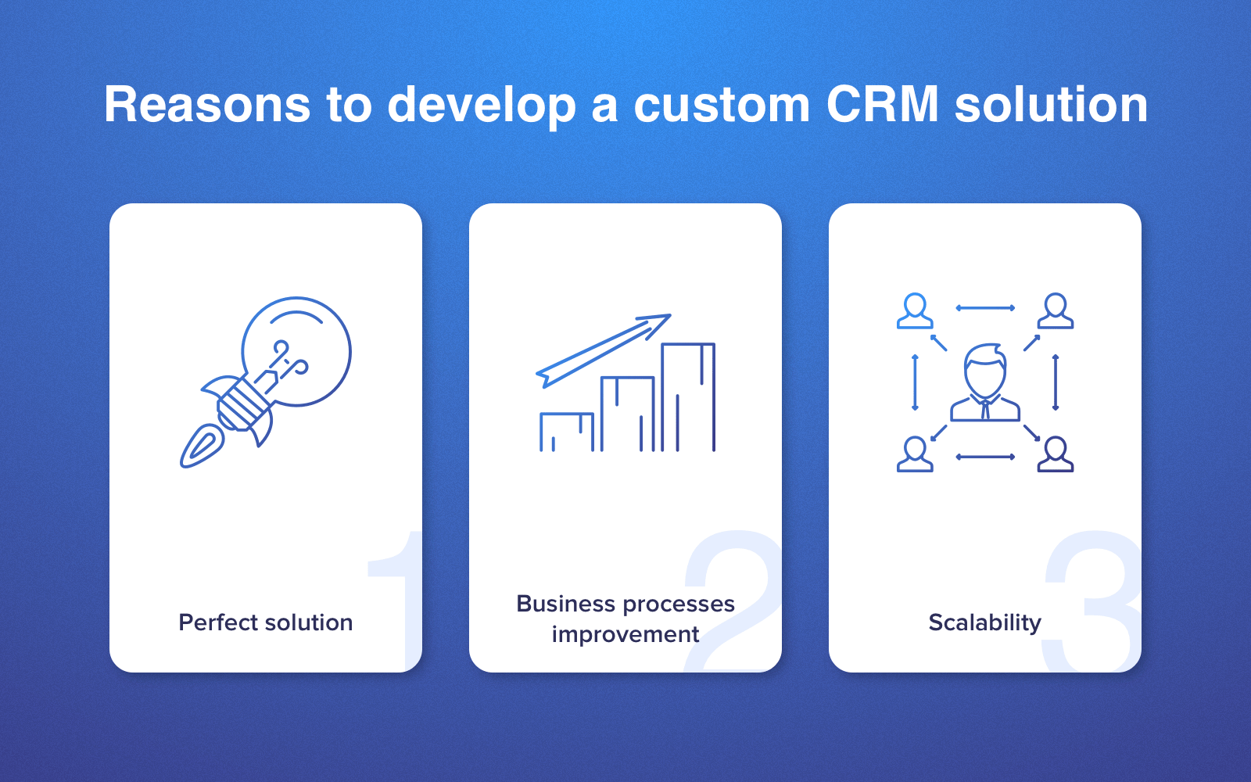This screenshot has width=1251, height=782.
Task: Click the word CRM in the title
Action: tap(883, 105)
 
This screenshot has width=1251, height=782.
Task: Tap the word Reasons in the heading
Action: tap(206, 105)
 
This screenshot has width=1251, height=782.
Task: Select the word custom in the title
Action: tap(722, 106)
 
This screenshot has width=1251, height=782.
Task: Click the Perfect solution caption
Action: tap(265, 622)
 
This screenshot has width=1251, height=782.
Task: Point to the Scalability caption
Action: tap(984, 623)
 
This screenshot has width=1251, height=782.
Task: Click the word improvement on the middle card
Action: tap(625, 635)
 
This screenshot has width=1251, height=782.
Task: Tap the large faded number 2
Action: tap(733, 601)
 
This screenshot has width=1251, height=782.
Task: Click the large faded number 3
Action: tap(1090, 601)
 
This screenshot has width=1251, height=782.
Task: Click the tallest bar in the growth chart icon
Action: tap(688, 396)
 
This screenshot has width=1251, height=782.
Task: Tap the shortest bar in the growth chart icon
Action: tap(566, 432)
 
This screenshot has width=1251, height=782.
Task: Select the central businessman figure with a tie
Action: tap(985, 382)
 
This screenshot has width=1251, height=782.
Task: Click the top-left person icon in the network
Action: tap(915, 311)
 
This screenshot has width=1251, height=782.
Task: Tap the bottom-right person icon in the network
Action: tap(1056, 454)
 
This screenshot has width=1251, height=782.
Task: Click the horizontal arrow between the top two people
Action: tap(985, 308)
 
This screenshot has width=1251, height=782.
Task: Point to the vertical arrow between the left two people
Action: tap(915, 382)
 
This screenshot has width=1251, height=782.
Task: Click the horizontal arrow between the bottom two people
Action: tap(985, 457)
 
